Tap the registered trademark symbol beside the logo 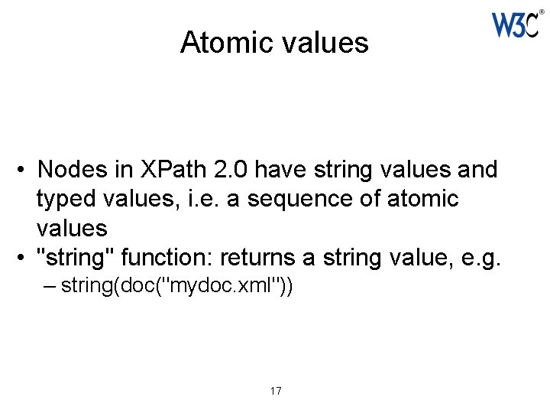(542, 11)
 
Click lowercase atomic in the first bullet (423, 199)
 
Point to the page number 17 (276, 391)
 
